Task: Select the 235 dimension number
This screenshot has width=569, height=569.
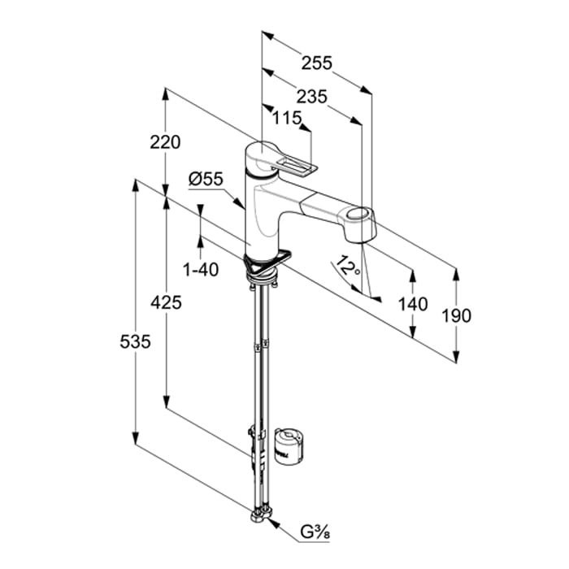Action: point(311,96)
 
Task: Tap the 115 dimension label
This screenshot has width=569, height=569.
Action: point(287,119)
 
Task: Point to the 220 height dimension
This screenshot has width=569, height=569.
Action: point(165,142)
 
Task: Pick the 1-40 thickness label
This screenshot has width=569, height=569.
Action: point(201,270)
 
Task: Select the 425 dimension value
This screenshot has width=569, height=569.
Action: point(165,302)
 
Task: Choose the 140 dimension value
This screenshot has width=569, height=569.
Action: point(414,303)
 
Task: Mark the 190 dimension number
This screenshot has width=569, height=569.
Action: point(457,315)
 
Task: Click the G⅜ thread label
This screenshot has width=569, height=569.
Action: point(309,533)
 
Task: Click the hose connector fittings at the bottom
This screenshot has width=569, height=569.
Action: point(263,514)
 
